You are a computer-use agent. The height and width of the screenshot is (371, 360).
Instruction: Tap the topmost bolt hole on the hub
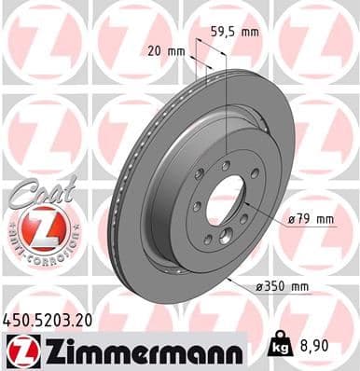pos(226,165)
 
